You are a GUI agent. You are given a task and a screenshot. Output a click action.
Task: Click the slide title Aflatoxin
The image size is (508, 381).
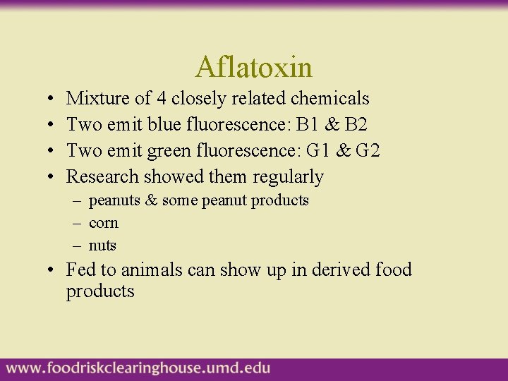pyautogui.click(x=254, y=68)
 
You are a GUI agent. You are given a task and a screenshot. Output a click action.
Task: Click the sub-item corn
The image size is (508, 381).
pyautogui.click(x=104, y=224)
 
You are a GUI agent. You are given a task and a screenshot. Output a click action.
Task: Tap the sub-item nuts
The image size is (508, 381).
pyautogui.click(x=103, y=246)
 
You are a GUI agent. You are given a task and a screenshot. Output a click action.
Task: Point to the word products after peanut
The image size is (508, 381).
pyautogui.click(x=280, y=201)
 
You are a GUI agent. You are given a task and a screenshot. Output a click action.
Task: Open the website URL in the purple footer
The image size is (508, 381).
pyautogui.click(x=138, y=368)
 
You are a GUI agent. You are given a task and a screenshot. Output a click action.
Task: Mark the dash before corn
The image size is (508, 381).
pyautogui.click(x=76, y=224)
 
